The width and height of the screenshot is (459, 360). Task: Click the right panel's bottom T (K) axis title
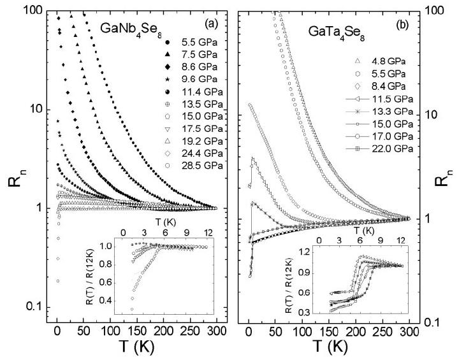330,348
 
